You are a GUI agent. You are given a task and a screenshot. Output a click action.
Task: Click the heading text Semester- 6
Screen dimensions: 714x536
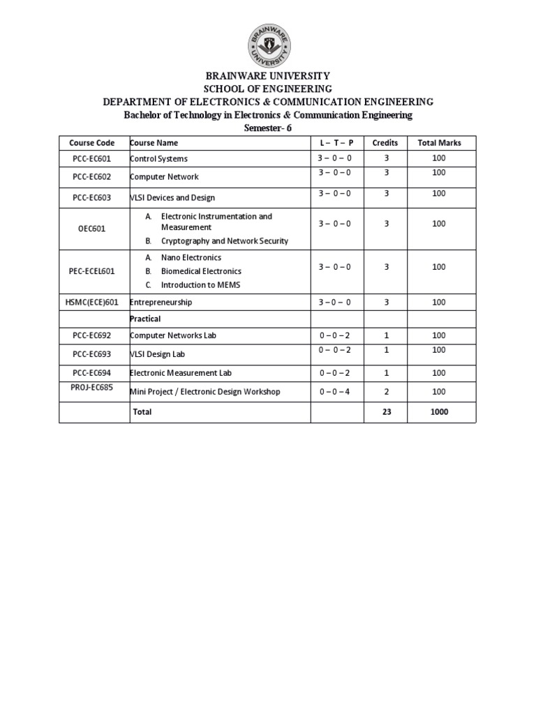pos(268,128)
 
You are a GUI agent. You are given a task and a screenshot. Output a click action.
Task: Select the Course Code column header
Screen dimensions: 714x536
pos(91,143)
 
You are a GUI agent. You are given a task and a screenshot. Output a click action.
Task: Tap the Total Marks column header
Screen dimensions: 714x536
pos(439,143)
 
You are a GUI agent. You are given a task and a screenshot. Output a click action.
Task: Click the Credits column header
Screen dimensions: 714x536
pos(385,143)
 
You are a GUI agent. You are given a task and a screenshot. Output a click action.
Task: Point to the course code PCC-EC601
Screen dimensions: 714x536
pos(91,159)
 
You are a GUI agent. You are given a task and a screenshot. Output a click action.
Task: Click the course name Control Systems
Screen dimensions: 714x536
pos(159,159)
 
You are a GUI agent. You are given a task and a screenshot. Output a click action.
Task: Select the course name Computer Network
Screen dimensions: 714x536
pos(165,177)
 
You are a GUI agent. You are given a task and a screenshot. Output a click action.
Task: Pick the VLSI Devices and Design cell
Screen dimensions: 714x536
pos(172,198)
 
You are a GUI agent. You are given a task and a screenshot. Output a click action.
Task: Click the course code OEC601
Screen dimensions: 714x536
pos(91,229)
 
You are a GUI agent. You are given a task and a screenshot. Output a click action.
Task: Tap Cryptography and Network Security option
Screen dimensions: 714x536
pos(224,241)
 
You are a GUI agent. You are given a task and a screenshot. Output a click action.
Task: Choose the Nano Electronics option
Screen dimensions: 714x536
pos(191,258)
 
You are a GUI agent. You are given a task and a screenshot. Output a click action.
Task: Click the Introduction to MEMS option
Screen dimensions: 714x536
pos(200,285)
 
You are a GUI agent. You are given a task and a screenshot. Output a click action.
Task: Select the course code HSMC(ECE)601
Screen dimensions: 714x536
pos(91,303)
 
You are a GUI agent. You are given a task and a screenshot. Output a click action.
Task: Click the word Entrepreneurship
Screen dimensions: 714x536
pos(161,303)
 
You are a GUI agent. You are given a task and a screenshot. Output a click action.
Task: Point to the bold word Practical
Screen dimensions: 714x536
pos(146,319)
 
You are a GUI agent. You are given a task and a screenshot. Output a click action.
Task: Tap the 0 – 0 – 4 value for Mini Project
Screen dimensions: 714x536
pos(334,392)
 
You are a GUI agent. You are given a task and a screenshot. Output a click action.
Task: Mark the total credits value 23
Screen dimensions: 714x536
pos(386,412)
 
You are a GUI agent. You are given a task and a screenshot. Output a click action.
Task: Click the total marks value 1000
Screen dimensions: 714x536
pos(438,412)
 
